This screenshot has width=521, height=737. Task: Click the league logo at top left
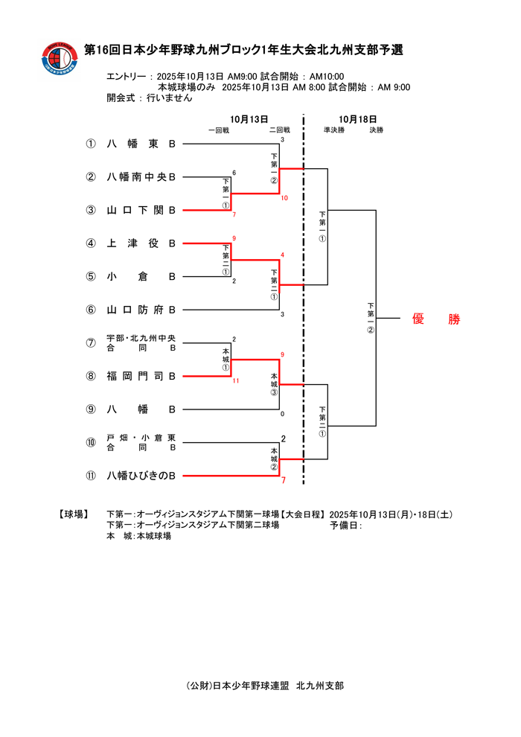click(60, 60)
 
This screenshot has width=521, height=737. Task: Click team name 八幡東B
click(141, 144)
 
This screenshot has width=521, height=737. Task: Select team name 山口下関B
click(141, 211)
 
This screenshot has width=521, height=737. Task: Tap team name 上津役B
click(141, 243)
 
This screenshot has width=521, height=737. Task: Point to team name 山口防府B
click(141, 310)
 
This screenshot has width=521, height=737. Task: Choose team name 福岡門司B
click(141, 376)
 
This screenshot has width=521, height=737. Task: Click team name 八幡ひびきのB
click(141, 475)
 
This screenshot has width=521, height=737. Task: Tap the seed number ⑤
click(91, 277)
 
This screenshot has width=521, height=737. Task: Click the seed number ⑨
click(91, 409)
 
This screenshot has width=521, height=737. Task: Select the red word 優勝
click(436, 319)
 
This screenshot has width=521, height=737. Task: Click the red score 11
click(235, 381)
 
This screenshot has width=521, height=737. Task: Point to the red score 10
click(284, 199)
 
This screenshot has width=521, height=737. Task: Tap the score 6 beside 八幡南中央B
click(234, 173)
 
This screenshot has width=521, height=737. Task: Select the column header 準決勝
click(334, 130)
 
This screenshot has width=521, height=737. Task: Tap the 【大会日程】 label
click(301, 514)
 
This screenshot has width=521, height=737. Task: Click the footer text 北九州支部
click(320, 686)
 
